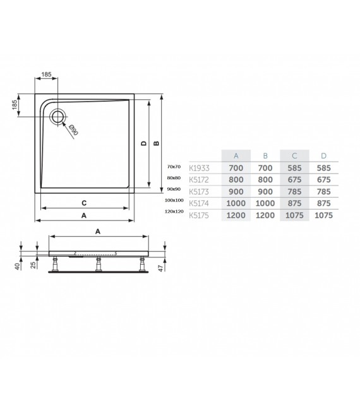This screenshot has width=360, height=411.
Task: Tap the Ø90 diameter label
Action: tap(73, 131)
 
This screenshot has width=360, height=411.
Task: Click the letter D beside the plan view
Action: tap(143, 143)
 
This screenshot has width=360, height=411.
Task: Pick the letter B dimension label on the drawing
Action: tap(155, 143)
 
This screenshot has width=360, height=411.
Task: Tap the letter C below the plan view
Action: tap(84, 203)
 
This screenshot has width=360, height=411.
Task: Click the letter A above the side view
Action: tap(98, 232)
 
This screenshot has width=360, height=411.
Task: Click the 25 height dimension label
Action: tap(32, 265)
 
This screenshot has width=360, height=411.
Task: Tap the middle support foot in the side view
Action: tap(99, 265)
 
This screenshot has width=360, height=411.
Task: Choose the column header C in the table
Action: tap(294, 155)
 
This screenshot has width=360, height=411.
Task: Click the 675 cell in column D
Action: tap(324, 180)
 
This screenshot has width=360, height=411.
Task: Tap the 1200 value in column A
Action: tap(236, 215)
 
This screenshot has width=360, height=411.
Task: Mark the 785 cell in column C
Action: tap(294, 191)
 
